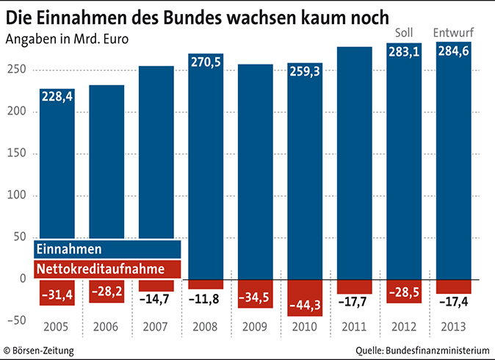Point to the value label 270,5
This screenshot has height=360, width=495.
click(206, 62)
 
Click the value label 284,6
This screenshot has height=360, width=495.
click(455, 51)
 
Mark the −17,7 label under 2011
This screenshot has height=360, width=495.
click(356, 300)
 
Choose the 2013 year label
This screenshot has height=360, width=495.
click(455, 327)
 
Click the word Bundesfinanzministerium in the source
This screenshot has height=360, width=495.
click(436, 350)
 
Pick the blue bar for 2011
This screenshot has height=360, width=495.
click(356, 162)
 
